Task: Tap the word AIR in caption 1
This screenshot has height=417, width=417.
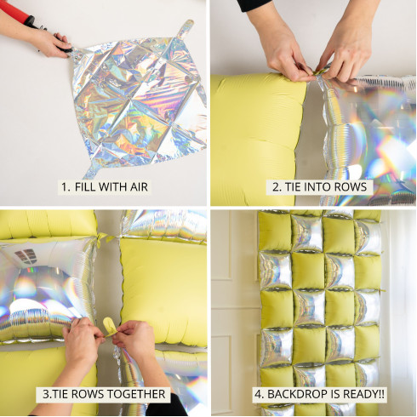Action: [x=139, y=187]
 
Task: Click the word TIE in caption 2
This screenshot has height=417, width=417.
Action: [x=293, y=187]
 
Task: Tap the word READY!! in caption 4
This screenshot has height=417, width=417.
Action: [x=364, y=394]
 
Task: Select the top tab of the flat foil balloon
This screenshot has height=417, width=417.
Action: [x=186, y=28]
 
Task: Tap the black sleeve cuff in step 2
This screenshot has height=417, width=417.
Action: [x=254, y=5]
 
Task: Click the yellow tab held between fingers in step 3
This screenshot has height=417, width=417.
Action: [x=108, y=326]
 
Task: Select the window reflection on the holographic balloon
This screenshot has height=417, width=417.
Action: [x=26, y=256]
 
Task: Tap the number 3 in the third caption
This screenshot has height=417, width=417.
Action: [x=46, y=394]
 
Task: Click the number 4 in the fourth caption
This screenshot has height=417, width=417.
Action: [x=258, y=394]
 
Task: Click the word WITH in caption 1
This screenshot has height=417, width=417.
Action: [x=113, y=187]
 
